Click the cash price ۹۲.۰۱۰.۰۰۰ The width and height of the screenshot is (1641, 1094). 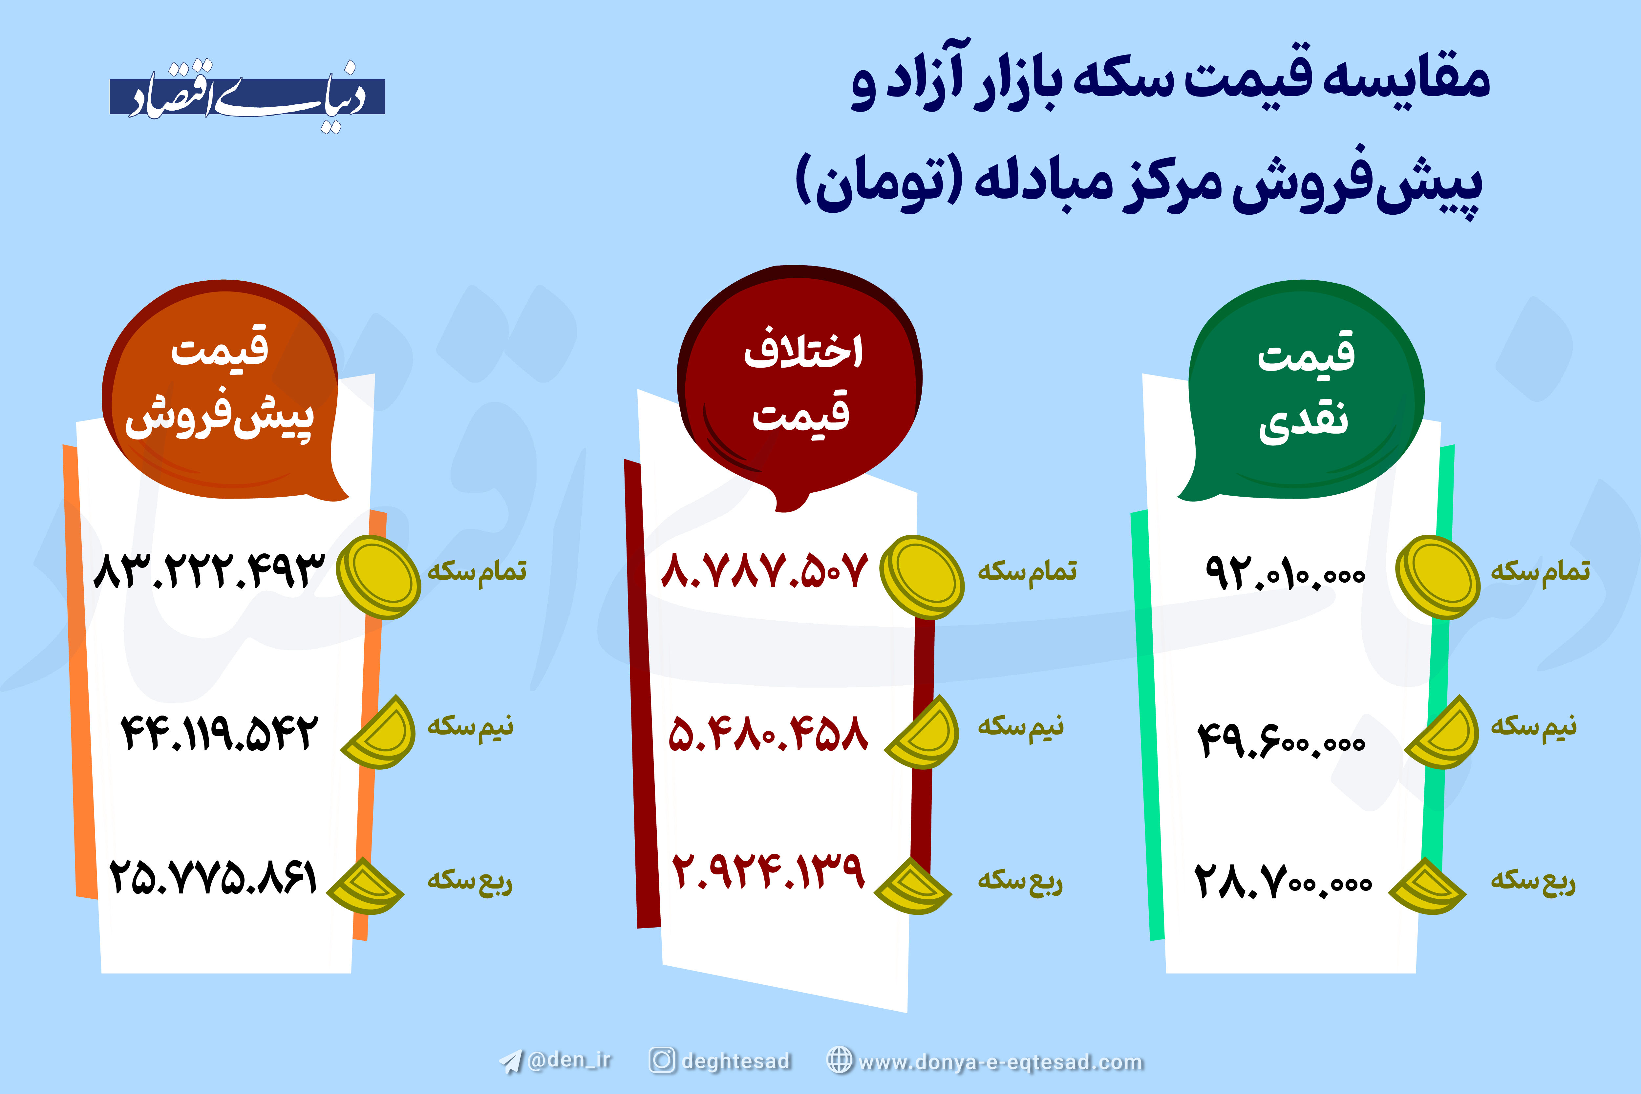pos(1285,574)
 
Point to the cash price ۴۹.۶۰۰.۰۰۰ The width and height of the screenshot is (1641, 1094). pos(1281,740)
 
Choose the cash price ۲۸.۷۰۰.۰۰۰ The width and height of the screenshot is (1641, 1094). pos(1282,881)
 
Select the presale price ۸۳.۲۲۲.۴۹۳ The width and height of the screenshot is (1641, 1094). pos(209,571)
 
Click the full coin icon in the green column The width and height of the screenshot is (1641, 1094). pos(1437,577)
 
